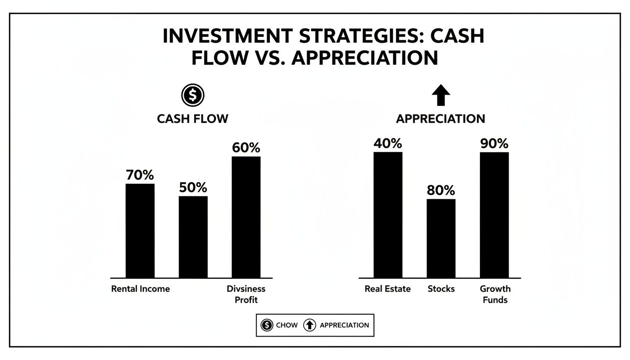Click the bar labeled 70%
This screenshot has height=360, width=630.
[x=140, y=231]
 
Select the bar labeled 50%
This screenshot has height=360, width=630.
[x=193, y=237]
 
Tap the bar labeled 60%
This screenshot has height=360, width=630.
[x=246, y=217]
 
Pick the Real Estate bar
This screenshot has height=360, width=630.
[x=388, y=215]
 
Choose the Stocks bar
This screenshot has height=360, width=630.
[x=441, y=238]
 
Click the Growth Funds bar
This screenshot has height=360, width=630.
[x=494, y=215]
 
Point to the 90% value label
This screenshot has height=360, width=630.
[x=494, y=143]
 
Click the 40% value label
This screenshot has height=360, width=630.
[x=388, y=143]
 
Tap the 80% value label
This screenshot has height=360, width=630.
[x=441, y=191]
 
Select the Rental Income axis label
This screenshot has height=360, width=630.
[x=140, y=289]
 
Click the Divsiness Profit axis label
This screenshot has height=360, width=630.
[x=246, y=294]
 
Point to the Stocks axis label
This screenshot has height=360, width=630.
[x=441, y=289]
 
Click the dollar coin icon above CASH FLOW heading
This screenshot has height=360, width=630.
[x=193, y=96]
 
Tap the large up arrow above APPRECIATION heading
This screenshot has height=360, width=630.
[x=441, y=96]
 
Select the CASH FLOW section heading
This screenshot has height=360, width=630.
[x=193, y=119]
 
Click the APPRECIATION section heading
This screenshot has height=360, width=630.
[x=441, y=119]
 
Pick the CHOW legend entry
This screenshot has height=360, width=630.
[x=279, y=325]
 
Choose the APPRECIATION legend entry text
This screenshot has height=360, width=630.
[x=344, y=325]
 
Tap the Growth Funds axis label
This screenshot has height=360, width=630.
[x=495, y=294]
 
